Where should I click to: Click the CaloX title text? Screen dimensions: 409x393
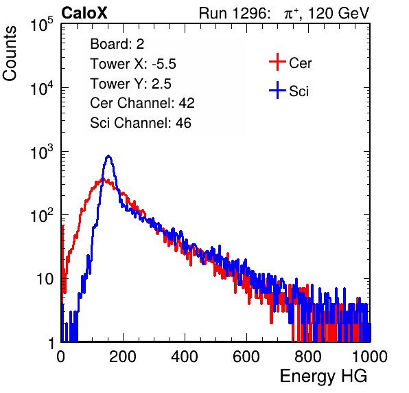(84, 13)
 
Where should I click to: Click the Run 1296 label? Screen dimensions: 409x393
(234, 13)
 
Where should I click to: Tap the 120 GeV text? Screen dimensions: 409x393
(338, 13)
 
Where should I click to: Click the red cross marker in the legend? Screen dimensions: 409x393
(277, 62)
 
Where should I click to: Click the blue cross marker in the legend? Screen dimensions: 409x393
(277, 90)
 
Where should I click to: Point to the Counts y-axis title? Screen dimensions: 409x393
(10, 54)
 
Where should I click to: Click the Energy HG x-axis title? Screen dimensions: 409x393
(323, 376)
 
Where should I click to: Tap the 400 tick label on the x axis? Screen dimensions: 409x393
(185, 357)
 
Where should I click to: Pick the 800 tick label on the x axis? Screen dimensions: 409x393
(308, 357)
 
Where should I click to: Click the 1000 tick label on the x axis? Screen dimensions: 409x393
(370, 357)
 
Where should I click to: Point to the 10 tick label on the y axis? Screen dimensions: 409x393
(45, 279)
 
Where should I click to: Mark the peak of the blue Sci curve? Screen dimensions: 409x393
(109, 156)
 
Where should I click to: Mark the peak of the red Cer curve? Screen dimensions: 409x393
(102, 179)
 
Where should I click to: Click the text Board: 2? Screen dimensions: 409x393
(117, 44)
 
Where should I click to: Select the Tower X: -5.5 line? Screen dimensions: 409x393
(133, 64)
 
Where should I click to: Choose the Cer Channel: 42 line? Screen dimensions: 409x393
(143, 103)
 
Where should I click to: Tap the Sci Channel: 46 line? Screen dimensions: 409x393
(141, 123)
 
